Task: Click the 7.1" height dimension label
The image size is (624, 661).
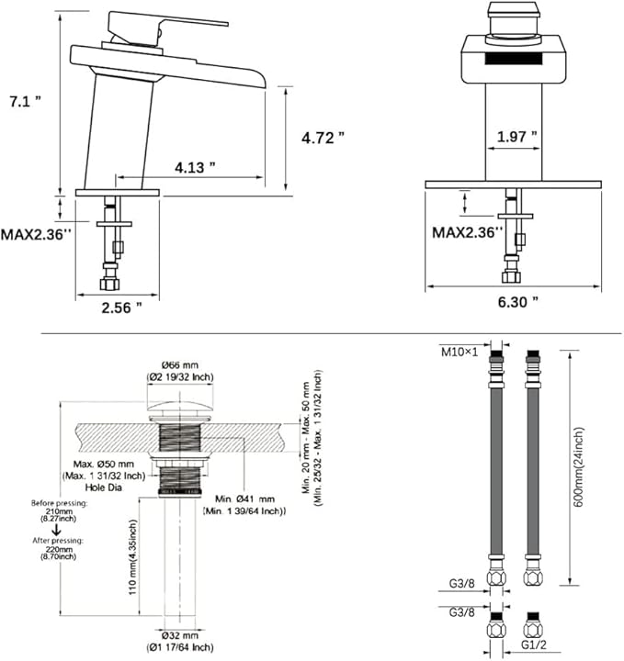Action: click(26, 101)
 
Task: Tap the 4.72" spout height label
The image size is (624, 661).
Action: click(323, 138)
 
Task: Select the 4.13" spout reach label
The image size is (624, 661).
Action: click(195, 167)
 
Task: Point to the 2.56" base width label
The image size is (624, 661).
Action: click(121, 308)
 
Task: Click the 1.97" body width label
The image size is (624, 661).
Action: click(516, 137)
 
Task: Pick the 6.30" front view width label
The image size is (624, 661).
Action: click(518, 302)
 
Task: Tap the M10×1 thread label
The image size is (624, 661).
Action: click(459, 352)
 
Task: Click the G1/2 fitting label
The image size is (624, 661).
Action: click(533, 644)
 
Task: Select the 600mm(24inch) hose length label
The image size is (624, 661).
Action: click(579, 467)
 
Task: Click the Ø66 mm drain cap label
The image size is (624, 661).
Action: click(180, 364)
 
